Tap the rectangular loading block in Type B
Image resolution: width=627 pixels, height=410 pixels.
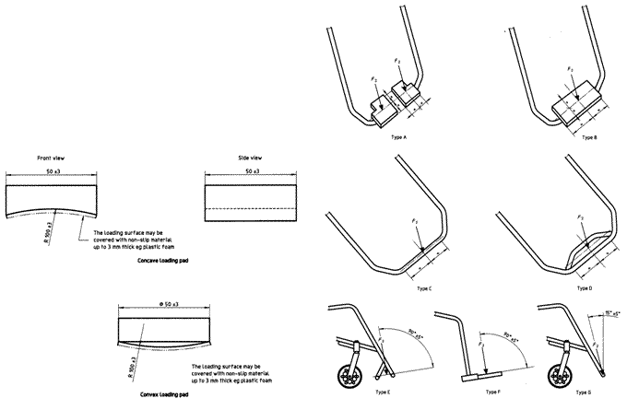[573, 111]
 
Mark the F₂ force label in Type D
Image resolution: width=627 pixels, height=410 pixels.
[579, 217]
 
